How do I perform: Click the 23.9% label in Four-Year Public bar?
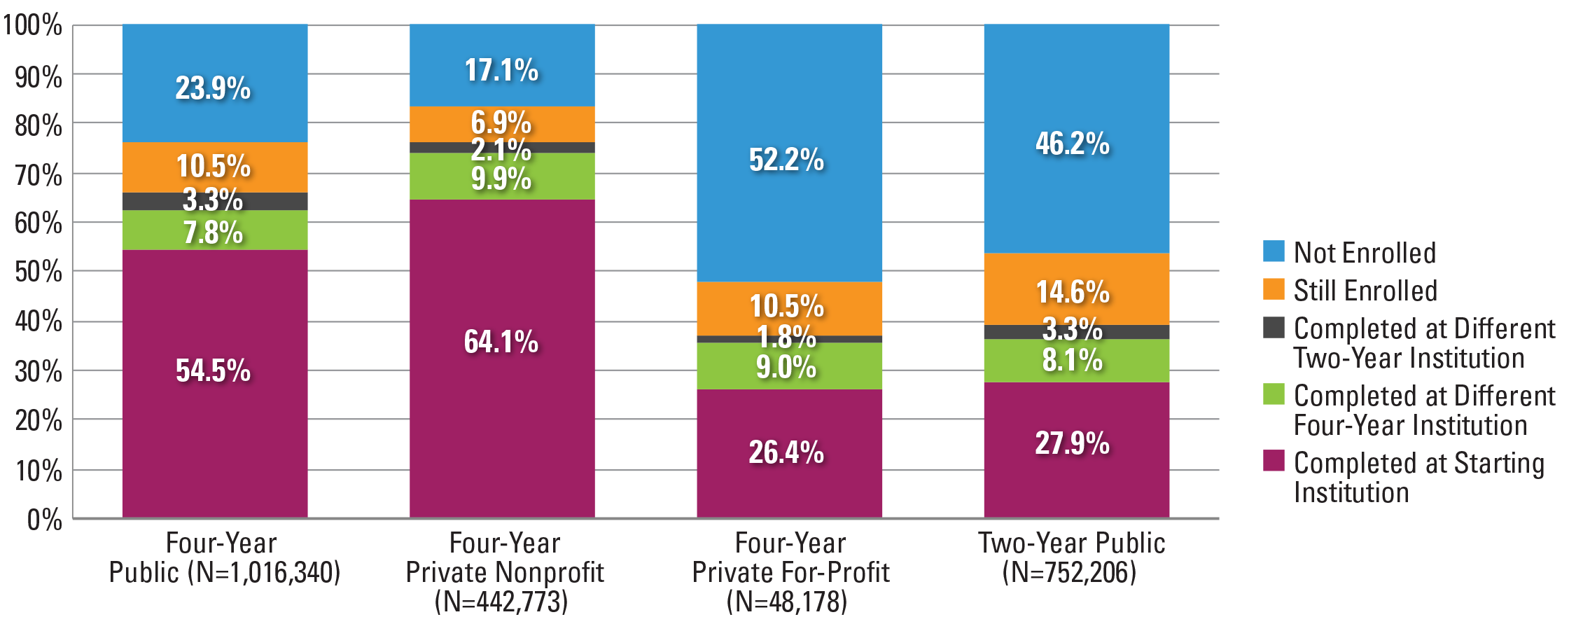click(x=213, y=88)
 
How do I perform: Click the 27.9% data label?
click(x=1073, y=443)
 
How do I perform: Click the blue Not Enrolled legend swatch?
click(x=1274, y=251)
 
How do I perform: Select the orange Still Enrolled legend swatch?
click(x=1274, y=289)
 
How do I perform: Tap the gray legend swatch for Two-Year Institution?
click(x=1274, y=327)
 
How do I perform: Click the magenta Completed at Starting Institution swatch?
click(x=1274, y=461)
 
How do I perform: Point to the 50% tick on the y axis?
click(x=39, y=272)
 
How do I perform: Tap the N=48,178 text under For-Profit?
click(x=787, y=602)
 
